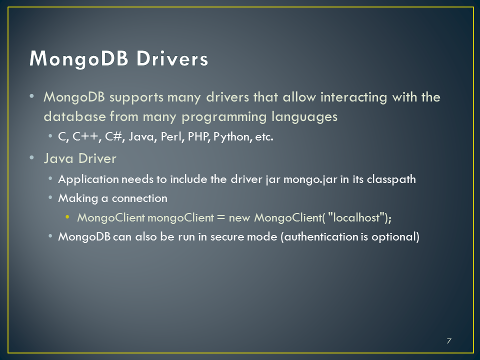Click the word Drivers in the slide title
click(172, 58)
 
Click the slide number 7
click(449, 340)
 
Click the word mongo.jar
click(310, 179)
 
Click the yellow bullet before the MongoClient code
click(67, 217)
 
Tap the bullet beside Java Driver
click(32, 157)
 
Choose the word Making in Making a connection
click(78, 198)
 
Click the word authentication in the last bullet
click(321, 236)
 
